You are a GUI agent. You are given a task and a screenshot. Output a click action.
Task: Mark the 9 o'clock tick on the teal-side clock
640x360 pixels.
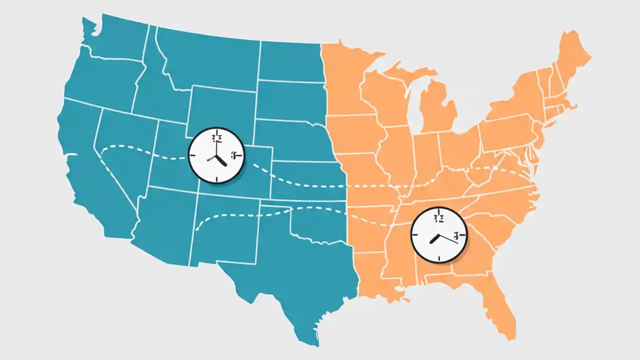193,155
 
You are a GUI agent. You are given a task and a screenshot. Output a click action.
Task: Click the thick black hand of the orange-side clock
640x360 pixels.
434,238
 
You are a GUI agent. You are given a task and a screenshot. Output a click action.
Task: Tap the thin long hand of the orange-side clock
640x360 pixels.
448,238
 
